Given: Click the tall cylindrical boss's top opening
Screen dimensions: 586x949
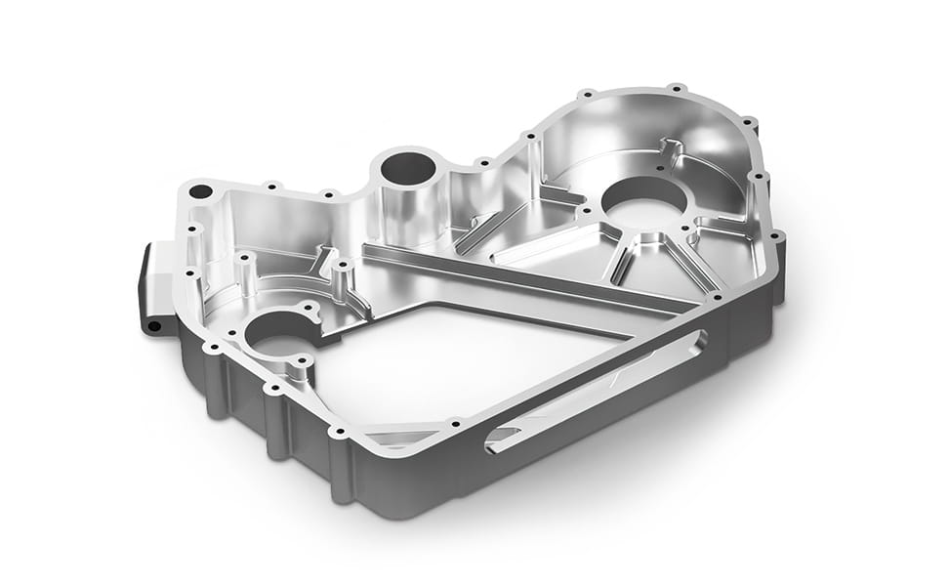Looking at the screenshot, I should [408, 169].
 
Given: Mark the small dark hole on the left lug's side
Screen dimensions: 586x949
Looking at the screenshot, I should [153, 325].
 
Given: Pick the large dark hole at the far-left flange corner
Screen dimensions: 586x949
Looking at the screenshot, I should [200, 191].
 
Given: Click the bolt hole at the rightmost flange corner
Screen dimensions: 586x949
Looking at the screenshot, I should [776, 235].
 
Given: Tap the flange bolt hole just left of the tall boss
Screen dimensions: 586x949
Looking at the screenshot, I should [328, 193].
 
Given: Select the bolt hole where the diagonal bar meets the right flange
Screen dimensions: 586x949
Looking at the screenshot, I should [719, 296].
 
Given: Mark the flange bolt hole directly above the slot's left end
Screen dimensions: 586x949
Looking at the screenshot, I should [453, 423].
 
